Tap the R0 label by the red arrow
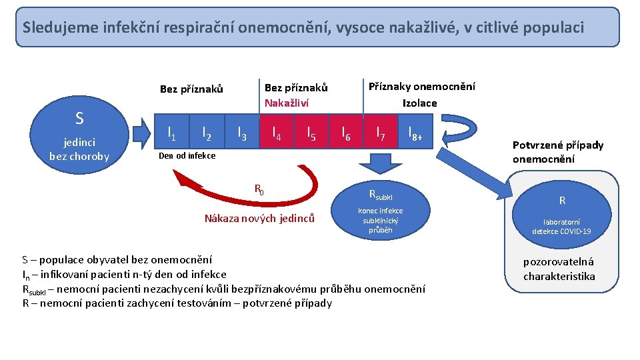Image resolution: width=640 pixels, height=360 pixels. click(x=259, y=189)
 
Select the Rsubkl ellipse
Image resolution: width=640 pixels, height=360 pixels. click(x=381, y=210)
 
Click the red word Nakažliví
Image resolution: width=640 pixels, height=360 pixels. click(x=287, y=103)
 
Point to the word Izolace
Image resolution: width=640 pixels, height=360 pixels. click(x=420, y=103)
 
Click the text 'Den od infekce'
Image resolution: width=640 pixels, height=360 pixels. click(x=186, y=155)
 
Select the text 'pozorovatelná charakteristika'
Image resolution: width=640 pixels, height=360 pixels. click(x=559, y=269)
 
